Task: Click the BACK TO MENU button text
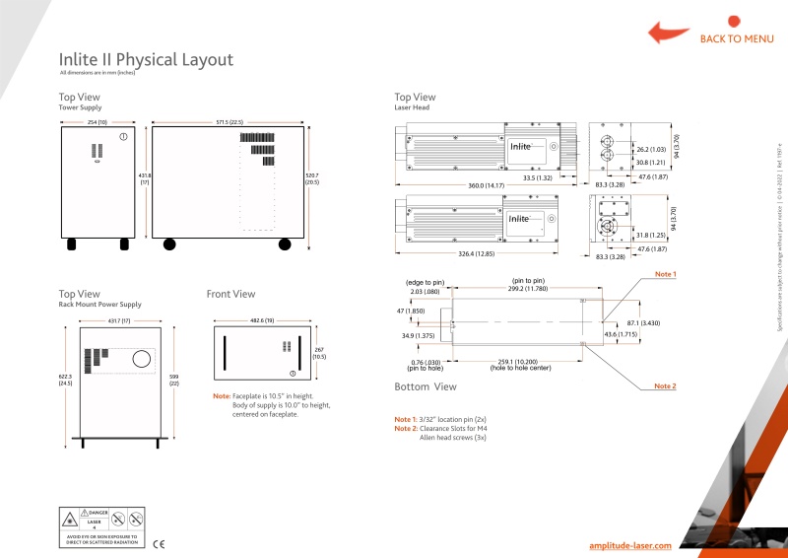(737, 39)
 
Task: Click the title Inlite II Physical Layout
(146, 60)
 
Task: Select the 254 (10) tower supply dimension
(96, 122)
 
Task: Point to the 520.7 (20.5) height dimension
(311, 178)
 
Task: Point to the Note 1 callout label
(666, 273)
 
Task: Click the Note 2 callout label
(666, 386)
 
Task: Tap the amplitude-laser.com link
(629, 545)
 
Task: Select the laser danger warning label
(102, 527)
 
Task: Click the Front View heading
(230, 294)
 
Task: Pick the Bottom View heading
(426, 386)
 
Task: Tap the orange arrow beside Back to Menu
(668, 32)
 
